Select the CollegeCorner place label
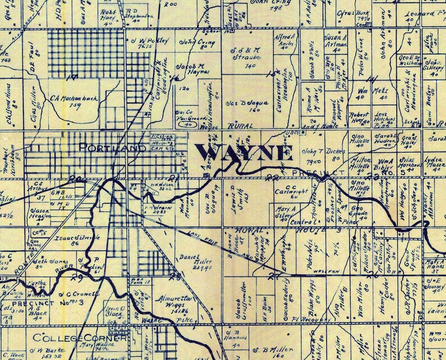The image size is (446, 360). (71, 338)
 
